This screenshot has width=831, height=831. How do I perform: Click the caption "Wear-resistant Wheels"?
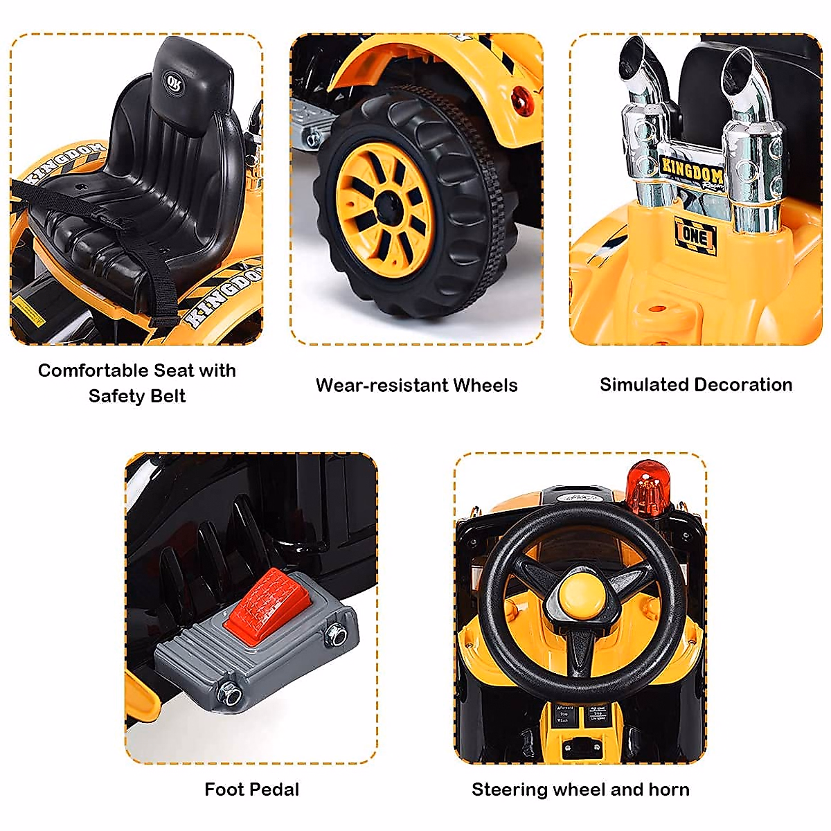[x=416, y=385]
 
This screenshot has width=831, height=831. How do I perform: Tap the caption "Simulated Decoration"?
[x=695, y=384]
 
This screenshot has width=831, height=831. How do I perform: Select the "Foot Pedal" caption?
[x=251, y=789]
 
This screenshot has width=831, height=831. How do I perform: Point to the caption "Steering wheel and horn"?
[x=580, y=789]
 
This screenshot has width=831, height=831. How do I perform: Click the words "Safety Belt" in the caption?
[x=137, y=396]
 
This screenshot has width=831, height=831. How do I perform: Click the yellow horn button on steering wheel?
[x=580, y=598]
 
